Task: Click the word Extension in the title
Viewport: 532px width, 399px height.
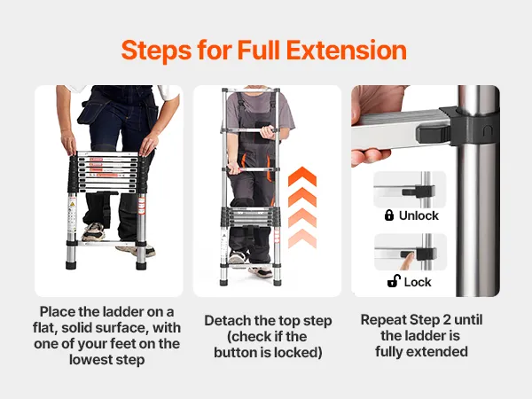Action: pos(347,51)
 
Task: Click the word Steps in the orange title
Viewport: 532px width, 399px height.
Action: pos(156,51)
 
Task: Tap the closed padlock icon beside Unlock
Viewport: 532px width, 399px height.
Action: pos(389,215)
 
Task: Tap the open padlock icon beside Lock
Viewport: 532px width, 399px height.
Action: pos(394,281)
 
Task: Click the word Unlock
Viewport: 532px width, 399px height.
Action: pos(419,215)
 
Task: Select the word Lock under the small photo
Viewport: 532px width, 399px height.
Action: pos(418,282)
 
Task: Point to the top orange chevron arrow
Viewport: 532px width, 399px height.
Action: pos(302,176)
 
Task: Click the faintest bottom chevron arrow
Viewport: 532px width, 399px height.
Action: pos(302,239)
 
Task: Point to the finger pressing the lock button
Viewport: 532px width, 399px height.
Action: pos(407,262)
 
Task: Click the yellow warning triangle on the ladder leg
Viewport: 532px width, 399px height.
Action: pos(72,205)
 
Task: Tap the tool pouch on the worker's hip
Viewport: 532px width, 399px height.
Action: pos(91,111)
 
